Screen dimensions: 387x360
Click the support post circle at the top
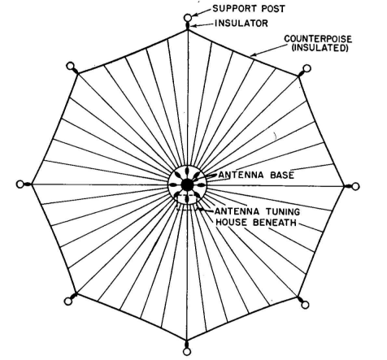tap(188, 18)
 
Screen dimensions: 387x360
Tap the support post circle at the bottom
tap(187, 352)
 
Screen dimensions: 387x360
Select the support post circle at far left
tap(20, 184)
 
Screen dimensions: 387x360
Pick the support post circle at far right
tap(355, 186)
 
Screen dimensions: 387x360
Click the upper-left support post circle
tap(70, 66)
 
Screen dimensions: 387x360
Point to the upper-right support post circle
tap(307, 68)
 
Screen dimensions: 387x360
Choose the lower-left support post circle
tap(68, 301)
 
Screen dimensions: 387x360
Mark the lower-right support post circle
tap(305, 305)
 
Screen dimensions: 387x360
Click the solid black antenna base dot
tap(187, 185)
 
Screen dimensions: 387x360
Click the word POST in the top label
tap(273, 9)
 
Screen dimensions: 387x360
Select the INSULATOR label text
tap(241, 24)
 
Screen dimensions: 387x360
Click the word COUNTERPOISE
tap(318, 39)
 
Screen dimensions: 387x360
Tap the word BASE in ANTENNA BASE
tap(282, 175)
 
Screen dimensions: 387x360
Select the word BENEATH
tap(274, 223)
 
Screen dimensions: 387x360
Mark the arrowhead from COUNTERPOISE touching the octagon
tap(254, 54)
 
